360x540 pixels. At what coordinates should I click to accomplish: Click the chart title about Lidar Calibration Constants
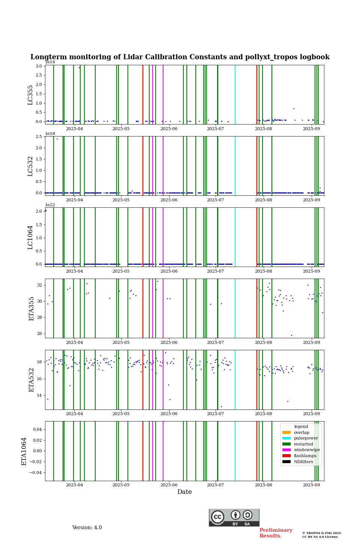[180, 57]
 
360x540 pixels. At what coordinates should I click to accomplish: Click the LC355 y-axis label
[30, 95]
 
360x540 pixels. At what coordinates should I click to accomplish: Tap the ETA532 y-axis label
[31, 379]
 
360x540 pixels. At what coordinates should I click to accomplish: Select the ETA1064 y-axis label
[24, 451]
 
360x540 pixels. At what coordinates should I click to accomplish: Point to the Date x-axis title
[184, 492]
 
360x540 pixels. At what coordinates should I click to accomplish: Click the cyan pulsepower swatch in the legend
[286, 438]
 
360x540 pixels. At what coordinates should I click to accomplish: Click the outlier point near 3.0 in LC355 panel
[79, 67]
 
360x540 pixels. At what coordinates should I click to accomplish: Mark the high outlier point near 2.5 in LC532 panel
[57, 139]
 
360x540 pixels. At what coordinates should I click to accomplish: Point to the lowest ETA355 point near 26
[291, 335]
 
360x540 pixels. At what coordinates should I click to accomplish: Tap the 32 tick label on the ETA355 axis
[40, 285]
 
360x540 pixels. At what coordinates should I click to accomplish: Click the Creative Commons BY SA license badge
[234, 517]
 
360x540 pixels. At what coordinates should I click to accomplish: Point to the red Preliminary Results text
[276, 533]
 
